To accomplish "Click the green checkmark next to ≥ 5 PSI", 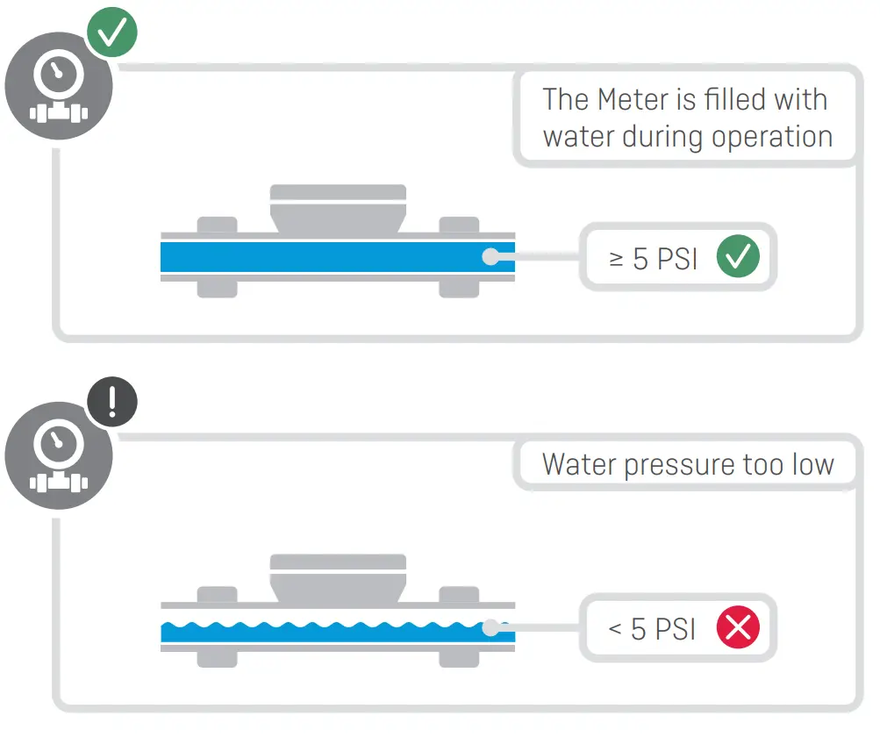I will point(737,258).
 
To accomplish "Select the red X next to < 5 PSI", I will point(737,628).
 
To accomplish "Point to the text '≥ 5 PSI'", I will point(653,259).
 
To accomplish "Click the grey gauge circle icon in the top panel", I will point(58,86).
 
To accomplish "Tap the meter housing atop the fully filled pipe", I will point(338,209).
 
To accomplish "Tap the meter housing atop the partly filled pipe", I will point(338,579).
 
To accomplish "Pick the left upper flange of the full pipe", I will point(217,225).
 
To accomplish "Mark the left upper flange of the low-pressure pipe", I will point(217,595).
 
